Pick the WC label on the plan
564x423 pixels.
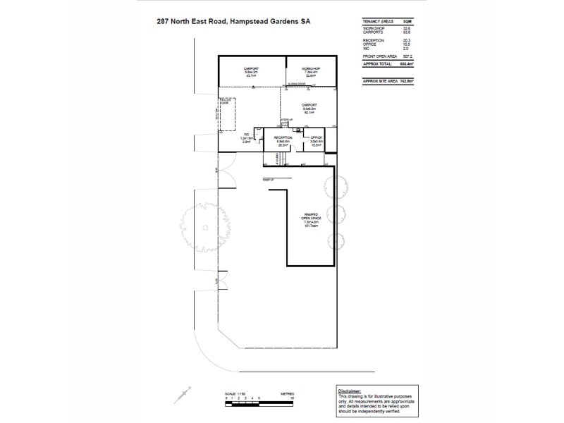click(246, 135)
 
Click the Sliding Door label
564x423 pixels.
click(297, 84)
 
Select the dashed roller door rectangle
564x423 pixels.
click(227, 114)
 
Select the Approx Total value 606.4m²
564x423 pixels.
click(406, 63)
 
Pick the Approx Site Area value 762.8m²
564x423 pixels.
click(406, 81)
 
